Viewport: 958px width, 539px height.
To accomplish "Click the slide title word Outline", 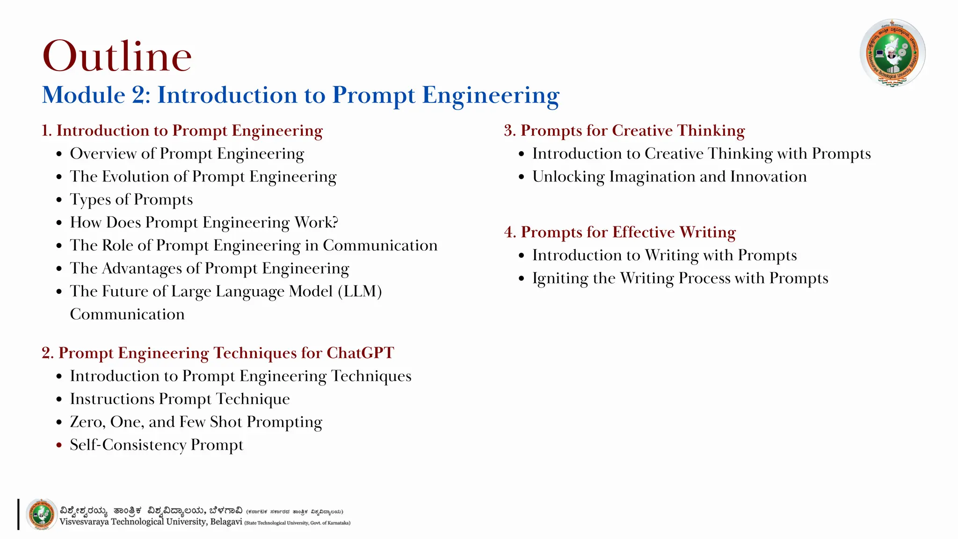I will pos(117,56).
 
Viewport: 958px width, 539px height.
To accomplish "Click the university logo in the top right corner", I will pos(892,53).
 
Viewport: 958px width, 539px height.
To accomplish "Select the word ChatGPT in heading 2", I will pos(360,353).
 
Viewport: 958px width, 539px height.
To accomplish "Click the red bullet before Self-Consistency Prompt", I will pos(59,445).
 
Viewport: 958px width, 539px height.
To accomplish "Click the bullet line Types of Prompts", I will pos(131,200).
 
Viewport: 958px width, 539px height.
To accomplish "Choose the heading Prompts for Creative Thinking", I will pos(632,131).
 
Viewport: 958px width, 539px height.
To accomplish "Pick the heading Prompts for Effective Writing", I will pos(628,232).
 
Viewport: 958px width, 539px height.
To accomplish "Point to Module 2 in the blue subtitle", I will pos(96,95).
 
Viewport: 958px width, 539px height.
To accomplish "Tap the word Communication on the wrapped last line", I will pos(127,314).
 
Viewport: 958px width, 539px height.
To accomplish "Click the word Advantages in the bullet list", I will pos(142,269).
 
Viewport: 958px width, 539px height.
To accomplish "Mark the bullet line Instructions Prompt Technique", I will pos(180,399).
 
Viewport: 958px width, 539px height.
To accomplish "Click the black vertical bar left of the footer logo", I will pos(18,515).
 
